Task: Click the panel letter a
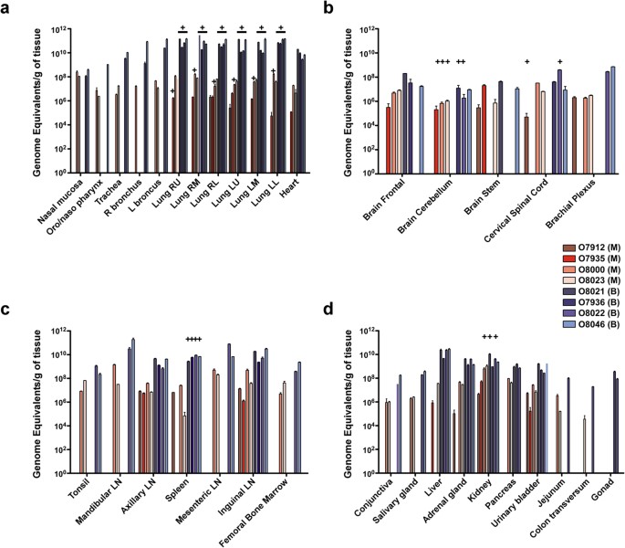point(6,7)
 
